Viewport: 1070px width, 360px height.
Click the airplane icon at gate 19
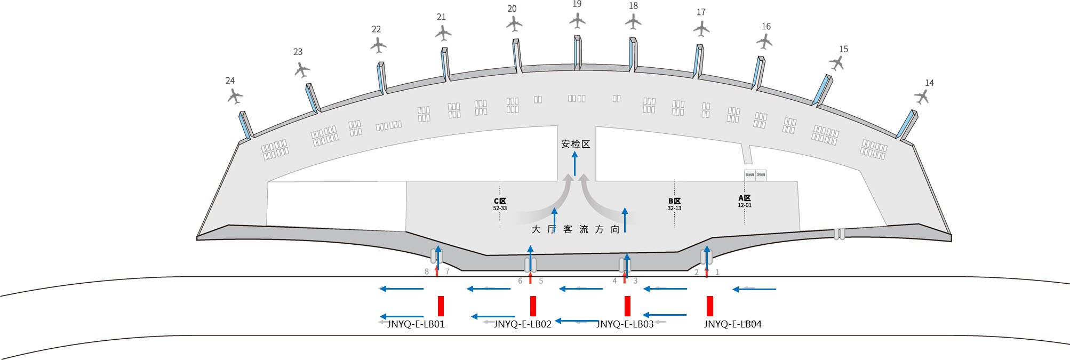577,21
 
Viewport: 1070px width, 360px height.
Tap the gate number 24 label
230,81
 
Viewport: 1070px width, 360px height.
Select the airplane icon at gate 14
922,97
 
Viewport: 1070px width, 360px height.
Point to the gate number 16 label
766,27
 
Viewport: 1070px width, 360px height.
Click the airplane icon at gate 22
378,45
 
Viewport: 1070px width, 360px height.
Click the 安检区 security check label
576,144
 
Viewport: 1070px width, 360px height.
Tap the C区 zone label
500,201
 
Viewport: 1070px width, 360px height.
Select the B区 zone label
674,201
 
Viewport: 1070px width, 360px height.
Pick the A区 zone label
745,198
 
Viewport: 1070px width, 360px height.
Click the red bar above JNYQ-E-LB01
441,306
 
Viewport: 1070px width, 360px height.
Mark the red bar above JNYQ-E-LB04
710,306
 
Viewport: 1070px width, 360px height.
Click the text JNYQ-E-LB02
522,324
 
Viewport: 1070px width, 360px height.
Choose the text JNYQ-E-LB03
625,324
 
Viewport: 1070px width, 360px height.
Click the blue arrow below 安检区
574,163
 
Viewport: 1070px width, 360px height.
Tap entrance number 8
426,272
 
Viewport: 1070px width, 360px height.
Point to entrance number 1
717,273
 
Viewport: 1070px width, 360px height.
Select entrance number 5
541,281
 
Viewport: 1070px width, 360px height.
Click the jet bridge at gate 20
516,55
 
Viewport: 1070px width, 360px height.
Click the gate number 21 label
441,17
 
